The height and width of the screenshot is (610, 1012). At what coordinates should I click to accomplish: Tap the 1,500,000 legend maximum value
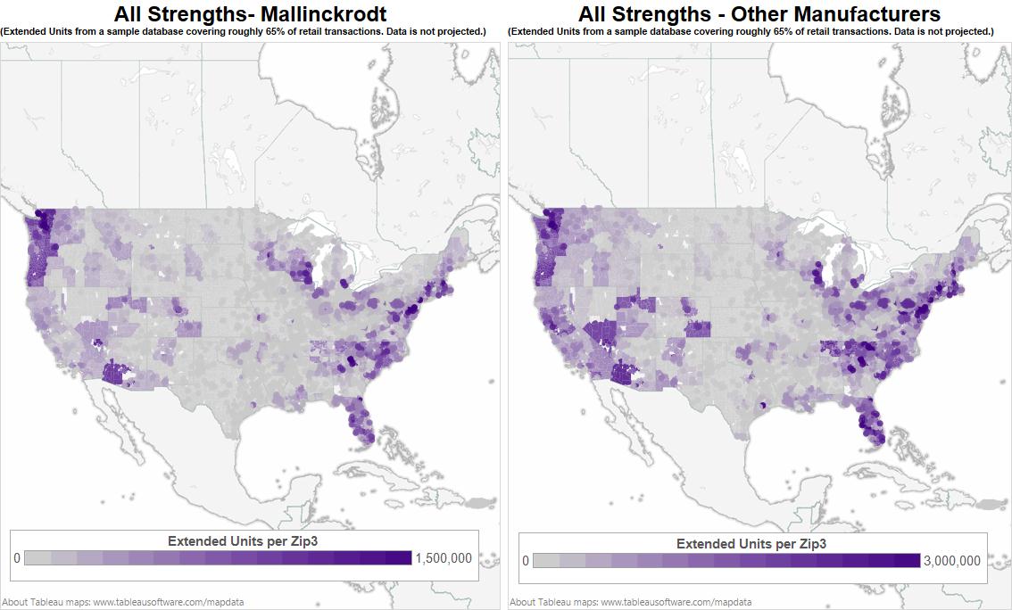444,558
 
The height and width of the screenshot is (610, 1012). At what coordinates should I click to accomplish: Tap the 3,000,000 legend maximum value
950,561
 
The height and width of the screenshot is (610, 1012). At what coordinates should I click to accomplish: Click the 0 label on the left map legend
17,558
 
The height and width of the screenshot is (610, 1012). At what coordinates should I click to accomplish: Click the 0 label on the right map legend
526,561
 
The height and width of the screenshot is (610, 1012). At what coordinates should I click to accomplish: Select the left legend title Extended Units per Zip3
243,541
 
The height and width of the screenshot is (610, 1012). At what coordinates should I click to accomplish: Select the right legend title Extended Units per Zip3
751,544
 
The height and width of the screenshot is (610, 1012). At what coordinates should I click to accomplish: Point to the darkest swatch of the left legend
398,558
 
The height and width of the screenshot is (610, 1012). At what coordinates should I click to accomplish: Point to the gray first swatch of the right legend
546,561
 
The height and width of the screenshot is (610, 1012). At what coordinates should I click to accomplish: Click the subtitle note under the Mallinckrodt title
244,32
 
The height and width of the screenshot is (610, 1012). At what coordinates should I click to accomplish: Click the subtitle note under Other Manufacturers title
751,32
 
